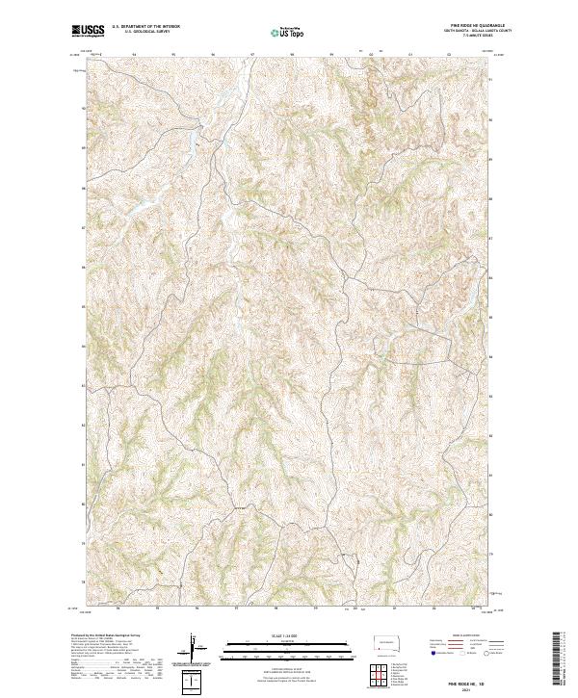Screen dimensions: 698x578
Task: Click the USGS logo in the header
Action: click(x=88, y=31)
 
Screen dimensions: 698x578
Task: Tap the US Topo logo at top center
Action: click(x=284, y=31)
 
